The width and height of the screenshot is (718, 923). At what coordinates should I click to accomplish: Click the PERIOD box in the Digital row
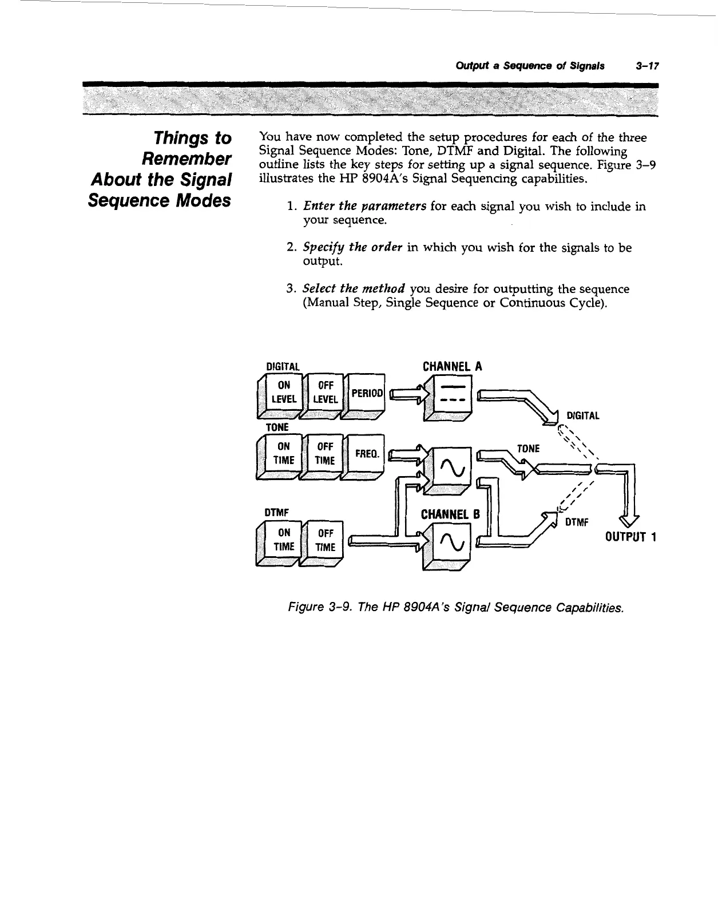tap(367, 393)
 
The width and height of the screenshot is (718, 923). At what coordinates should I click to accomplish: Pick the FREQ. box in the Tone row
tap(367, 453)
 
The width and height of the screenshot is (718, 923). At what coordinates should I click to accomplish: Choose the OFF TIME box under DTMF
tap(325, 541)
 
